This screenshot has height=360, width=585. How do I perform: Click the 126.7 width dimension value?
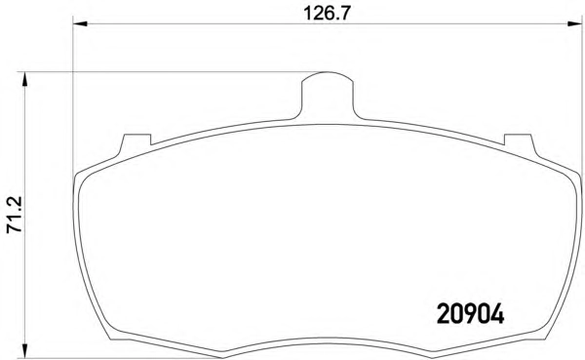(x=327, y=14)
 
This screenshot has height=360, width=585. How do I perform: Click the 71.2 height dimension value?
(x=15, y=215)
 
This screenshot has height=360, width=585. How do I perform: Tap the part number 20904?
(x=470, y=314)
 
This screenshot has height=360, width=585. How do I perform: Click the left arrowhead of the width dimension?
(x=80, y=23)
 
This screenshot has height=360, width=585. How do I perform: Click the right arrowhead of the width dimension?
(x=575, y=23)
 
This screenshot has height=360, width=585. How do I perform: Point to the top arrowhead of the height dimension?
(x=24, y=79)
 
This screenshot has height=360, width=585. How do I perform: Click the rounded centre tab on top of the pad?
(x=327, y=96)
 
